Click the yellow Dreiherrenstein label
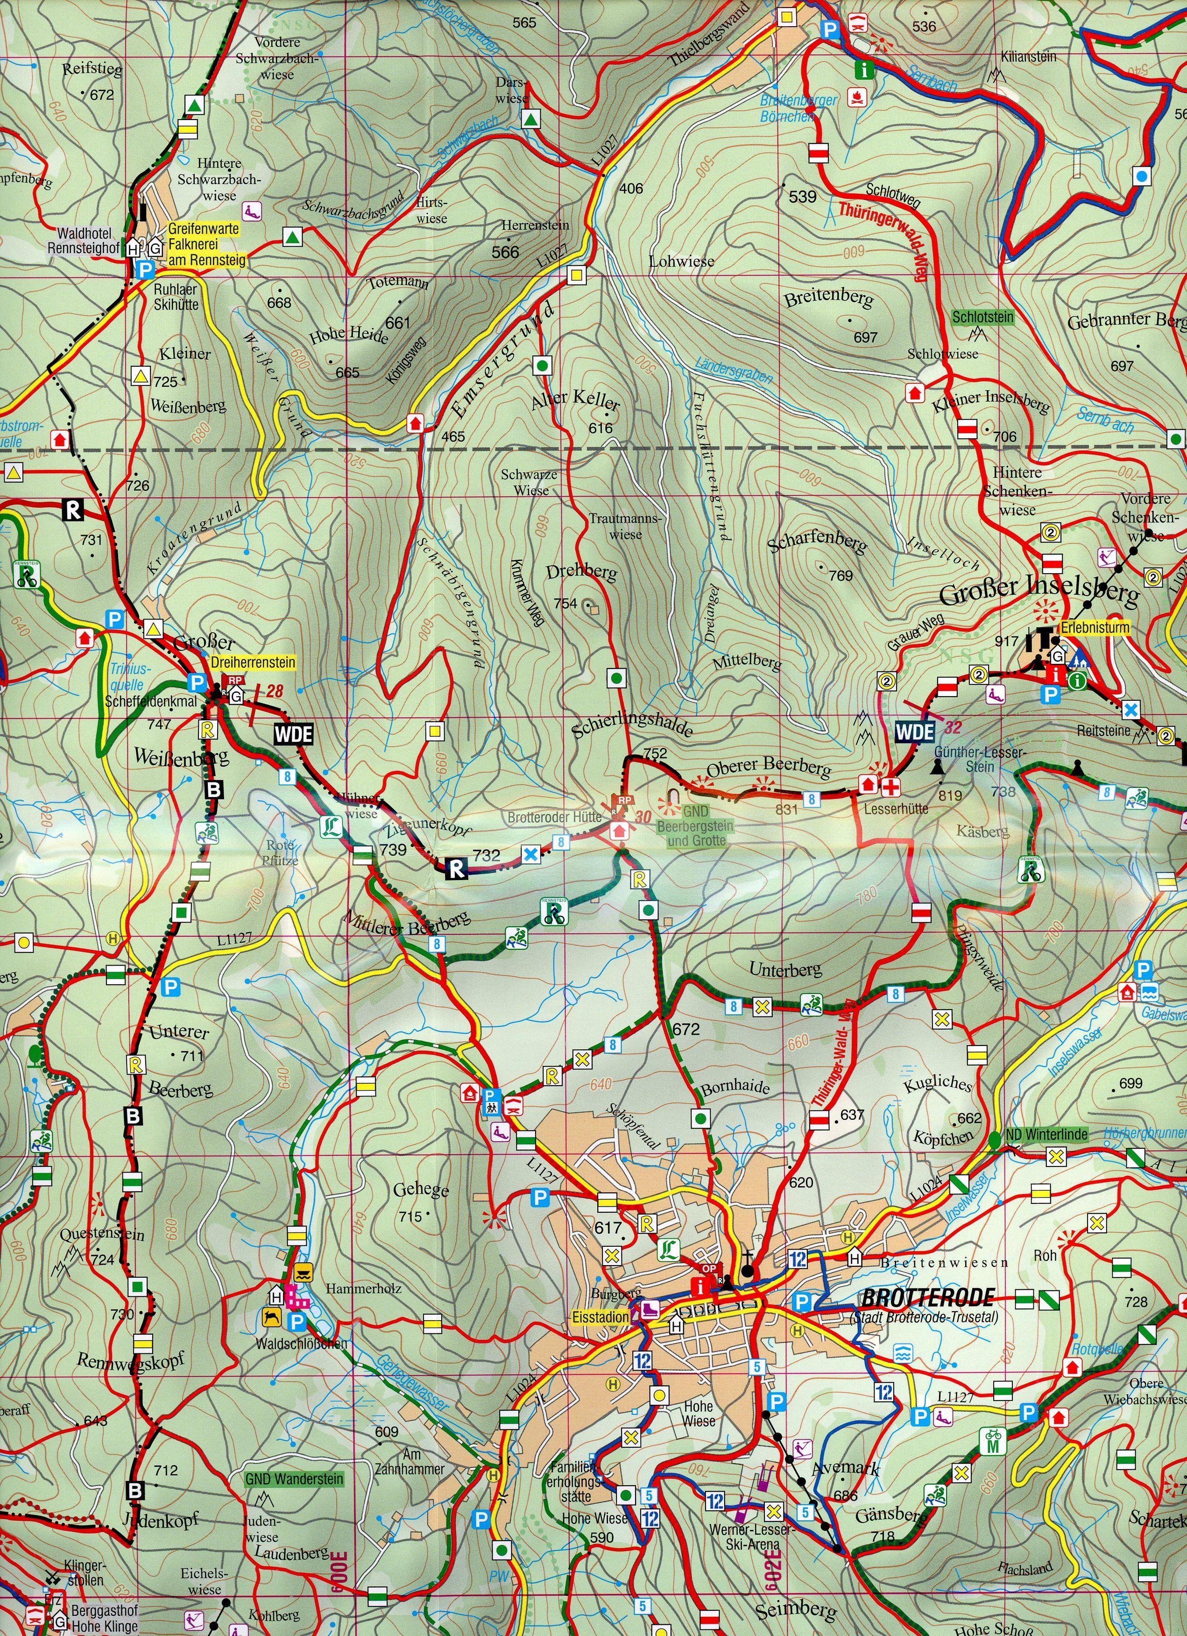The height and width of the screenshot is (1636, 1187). coord(253,662)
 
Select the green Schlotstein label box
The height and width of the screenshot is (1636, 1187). coord(983,317)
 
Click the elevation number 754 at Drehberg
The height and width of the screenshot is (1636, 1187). coord(565,604)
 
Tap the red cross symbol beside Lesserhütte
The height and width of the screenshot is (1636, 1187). coord(893,785)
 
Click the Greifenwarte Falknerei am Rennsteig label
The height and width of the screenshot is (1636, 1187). coord(205,244)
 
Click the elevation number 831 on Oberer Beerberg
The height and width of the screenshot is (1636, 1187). coord(787,809)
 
